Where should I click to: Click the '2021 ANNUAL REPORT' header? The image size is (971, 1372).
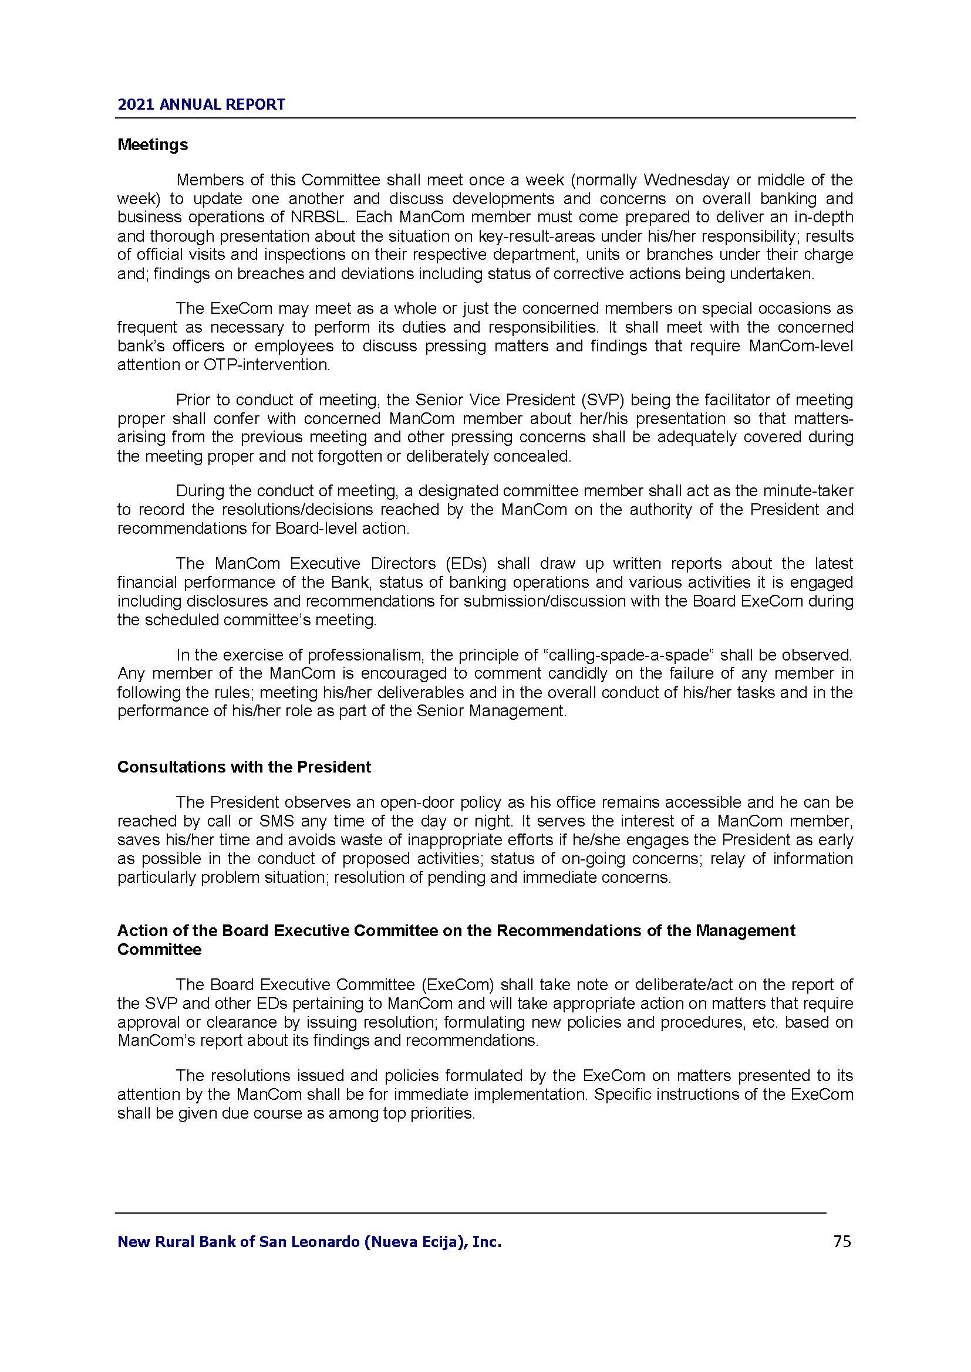click(x=201, y=104)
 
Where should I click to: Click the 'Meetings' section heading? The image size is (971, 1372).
click(x=153, y=145)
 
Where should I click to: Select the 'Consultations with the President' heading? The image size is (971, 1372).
click(x=244, y=767)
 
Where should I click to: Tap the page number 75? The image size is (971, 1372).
click(x=841, y=1241)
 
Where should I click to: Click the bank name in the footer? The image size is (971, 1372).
click(x=309, y=1242)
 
